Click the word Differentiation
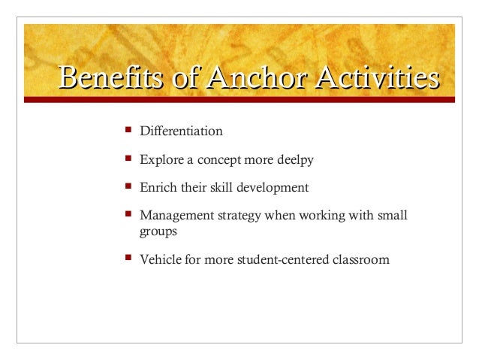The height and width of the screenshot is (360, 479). (181, 132)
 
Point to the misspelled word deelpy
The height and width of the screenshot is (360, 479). (295, 160)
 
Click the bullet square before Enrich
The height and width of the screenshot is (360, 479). (127, 186)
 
